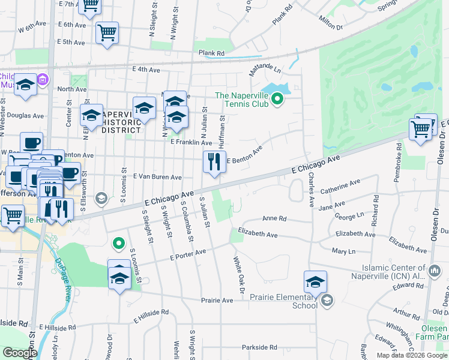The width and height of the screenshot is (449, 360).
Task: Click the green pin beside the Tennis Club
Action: tap(277, 98)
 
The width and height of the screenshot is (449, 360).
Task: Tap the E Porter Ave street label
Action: tap(188, 257)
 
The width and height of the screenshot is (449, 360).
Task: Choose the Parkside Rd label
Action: tap(259, 347)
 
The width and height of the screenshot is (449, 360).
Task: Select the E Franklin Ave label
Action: tap(191, 143)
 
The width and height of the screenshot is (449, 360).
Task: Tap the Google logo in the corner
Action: tap(20, 353)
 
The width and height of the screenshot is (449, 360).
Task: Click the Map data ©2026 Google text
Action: tap(412, 355)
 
